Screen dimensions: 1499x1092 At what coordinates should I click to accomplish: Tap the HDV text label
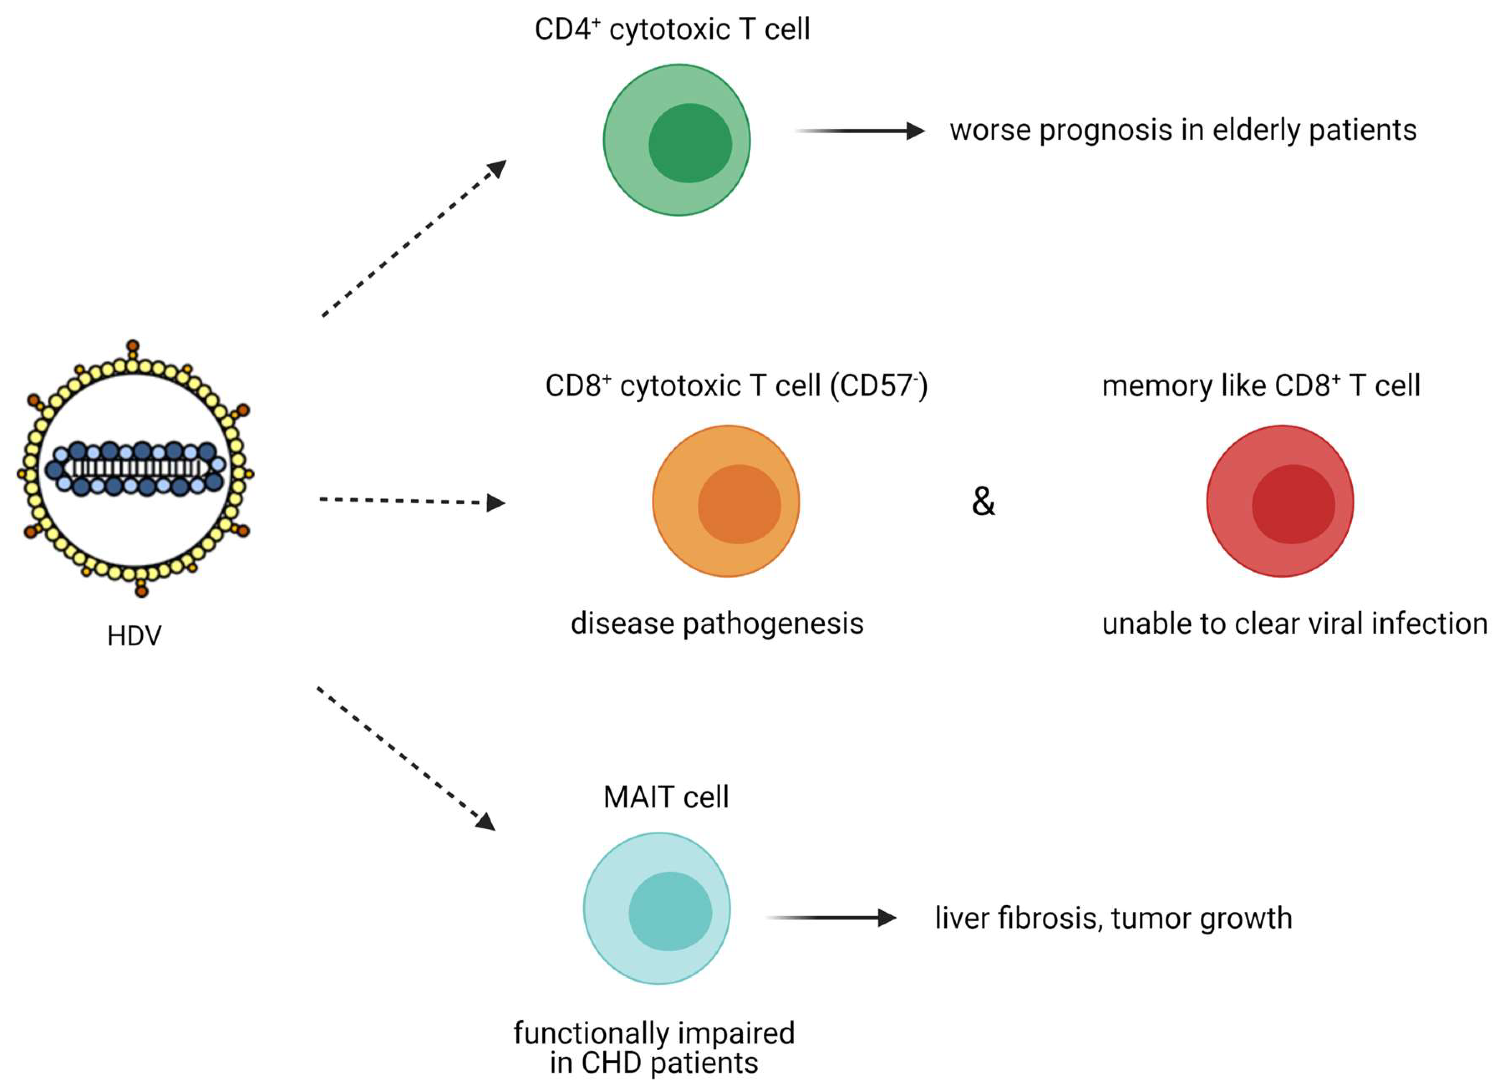tap(134, 636)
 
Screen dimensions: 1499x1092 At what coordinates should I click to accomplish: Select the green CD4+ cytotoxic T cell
tap(677, 140)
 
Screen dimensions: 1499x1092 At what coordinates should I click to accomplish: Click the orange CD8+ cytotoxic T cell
tap(726, 501)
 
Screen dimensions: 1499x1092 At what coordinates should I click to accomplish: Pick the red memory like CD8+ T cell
tap(1280, 501)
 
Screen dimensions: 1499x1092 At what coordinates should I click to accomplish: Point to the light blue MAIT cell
tap(657, 908)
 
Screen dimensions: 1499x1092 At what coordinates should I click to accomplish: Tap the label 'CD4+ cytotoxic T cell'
tap(672, 30)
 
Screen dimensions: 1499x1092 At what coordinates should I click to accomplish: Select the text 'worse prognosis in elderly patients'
tap(1183, 130)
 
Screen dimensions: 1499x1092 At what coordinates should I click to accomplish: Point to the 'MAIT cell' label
tap(666, 797)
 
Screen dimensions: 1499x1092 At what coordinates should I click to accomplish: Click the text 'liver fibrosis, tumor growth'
tap(1113, 918)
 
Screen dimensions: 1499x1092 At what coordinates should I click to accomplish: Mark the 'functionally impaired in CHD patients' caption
tap(654, 1048)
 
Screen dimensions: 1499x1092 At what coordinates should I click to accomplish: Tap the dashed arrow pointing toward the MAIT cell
tap(406, 759)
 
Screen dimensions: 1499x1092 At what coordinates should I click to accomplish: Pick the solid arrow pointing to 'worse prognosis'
tap(859, 131)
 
